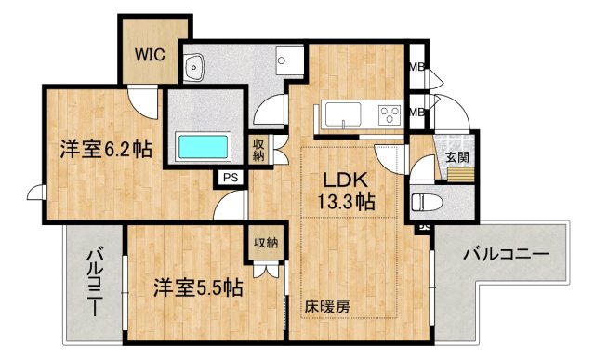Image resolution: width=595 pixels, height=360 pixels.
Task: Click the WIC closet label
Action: click(x=150, y=54)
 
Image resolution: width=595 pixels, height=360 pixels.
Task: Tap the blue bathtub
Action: click(x=204, y=146)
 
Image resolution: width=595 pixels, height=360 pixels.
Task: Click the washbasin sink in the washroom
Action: click(x=195, y=67)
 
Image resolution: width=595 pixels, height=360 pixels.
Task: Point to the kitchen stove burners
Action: click(x=388, y=114)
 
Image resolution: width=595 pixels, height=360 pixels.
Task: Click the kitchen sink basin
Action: click(x=343, y=116)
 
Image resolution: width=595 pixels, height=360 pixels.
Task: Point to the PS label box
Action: click(x=229, y=176)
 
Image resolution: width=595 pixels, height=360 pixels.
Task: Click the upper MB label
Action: click(x=418, y=67)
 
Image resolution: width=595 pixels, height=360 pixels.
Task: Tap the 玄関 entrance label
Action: click(x=456, y=156)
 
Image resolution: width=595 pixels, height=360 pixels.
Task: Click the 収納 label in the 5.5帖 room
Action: click(x=266, y=243)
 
